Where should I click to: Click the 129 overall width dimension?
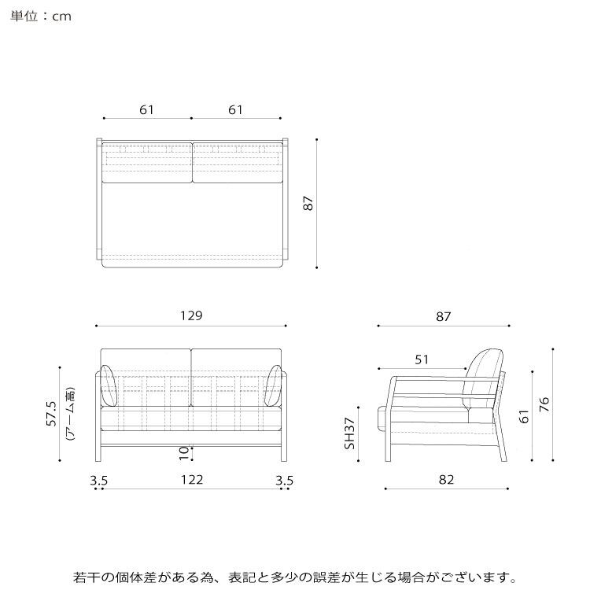191,315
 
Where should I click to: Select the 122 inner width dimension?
191,479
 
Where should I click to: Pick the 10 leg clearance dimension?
183,452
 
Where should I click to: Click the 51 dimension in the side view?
422,360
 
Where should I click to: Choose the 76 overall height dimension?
544,404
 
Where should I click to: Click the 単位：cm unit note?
42,16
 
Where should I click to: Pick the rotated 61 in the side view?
524,416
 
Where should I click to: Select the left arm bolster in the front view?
109,386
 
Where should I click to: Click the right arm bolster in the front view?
275,386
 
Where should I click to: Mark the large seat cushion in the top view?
191,220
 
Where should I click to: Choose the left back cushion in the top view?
146,162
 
